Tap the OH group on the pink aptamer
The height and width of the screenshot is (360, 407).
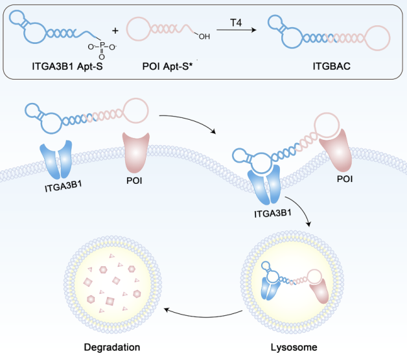pos(204,36)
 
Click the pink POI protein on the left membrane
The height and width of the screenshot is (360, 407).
pos(135,154)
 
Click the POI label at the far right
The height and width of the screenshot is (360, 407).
pos(345,179)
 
